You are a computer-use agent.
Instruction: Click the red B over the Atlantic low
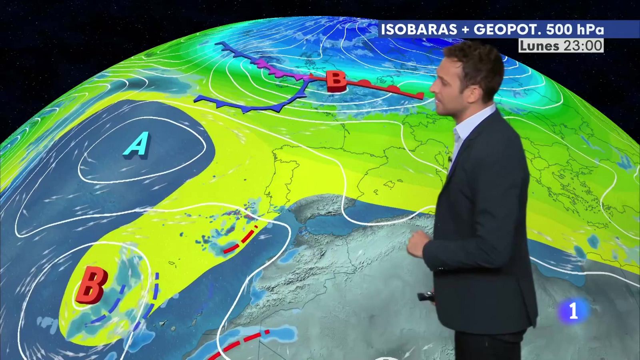[x=92, y=286]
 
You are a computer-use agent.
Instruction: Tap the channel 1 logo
[x=574, y=311]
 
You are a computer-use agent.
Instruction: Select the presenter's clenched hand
[x=418, y=243]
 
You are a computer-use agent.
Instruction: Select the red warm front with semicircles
[x=384, y=88]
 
